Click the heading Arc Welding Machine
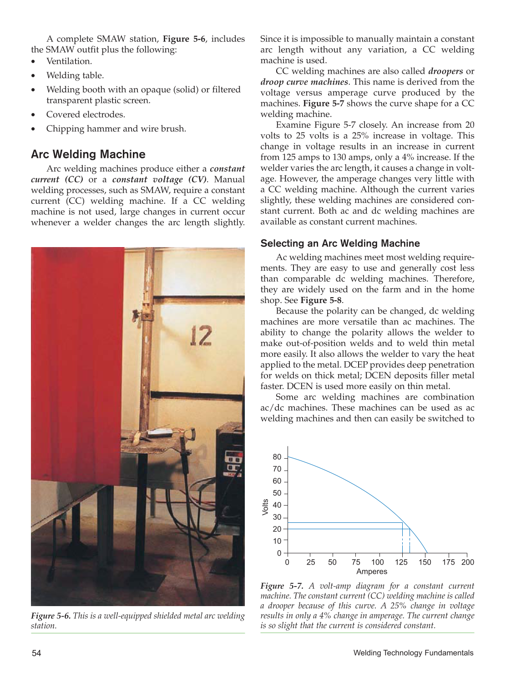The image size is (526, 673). point(88,154)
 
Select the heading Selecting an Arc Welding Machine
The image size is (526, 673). point(340,243)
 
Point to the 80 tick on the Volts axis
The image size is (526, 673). point(277,457)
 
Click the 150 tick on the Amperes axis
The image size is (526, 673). point(425,562)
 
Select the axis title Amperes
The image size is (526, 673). point(372,572)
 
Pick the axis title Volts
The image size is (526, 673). point(265,507)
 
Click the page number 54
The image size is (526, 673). point(36,653)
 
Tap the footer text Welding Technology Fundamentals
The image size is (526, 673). point(413,653)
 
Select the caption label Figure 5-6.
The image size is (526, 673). point(51,616)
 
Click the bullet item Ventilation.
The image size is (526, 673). point(69,61)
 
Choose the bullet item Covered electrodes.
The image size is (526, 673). point(86,114)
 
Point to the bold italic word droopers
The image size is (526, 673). point(445,71)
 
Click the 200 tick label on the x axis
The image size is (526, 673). point(468,562)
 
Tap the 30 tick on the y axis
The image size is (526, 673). point(277,517)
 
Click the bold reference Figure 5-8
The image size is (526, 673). point(321,300)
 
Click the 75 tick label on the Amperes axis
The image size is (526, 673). point(356,562)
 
